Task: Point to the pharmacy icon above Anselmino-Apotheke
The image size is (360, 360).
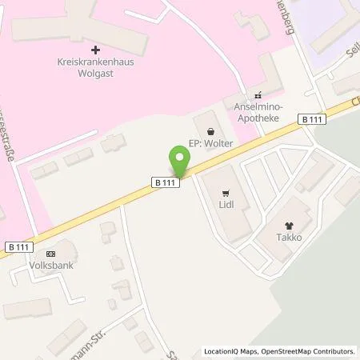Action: [x=257, y=94]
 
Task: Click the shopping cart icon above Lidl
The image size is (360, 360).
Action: [x=226, y=192]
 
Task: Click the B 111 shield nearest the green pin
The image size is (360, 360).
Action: [x=163, y=182]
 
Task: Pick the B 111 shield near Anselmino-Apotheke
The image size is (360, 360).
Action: [x=313, y=118]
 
